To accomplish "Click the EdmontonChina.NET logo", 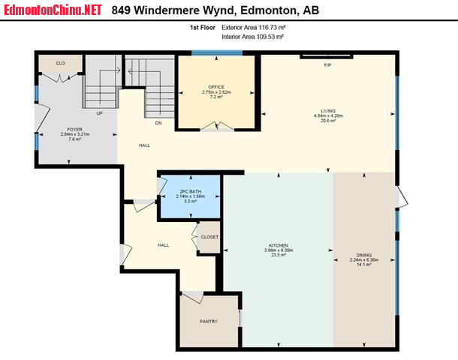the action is click(53, 10).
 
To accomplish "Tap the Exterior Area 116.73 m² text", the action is click(253, 28).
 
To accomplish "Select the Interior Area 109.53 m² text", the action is click(253, 37).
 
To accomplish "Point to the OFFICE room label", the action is click(216, 87).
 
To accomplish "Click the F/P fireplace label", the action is click(327, 65).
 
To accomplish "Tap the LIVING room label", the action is click(328, 111).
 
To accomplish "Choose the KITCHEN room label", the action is click(279, 246).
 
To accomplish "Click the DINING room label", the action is click(364, 255).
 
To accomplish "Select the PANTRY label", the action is click(209, 321).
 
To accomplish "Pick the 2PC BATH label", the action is click(191, 192).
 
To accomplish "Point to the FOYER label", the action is click(75, 129).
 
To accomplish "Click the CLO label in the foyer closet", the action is click(61, 63).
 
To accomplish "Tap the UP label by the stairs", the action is click(100, 113).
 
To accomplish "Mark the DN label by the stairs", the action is click(158, 123).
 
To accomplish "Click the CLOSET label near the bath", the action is click(209, 237).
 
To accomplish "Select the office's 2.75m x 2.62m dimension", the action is click(216, 92).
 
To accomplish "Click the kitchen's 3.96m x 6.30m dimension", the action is click(279, 250).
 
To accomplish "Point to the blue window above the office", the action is click(217, 52).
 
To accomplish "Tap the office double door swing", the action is click(217, 126).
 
